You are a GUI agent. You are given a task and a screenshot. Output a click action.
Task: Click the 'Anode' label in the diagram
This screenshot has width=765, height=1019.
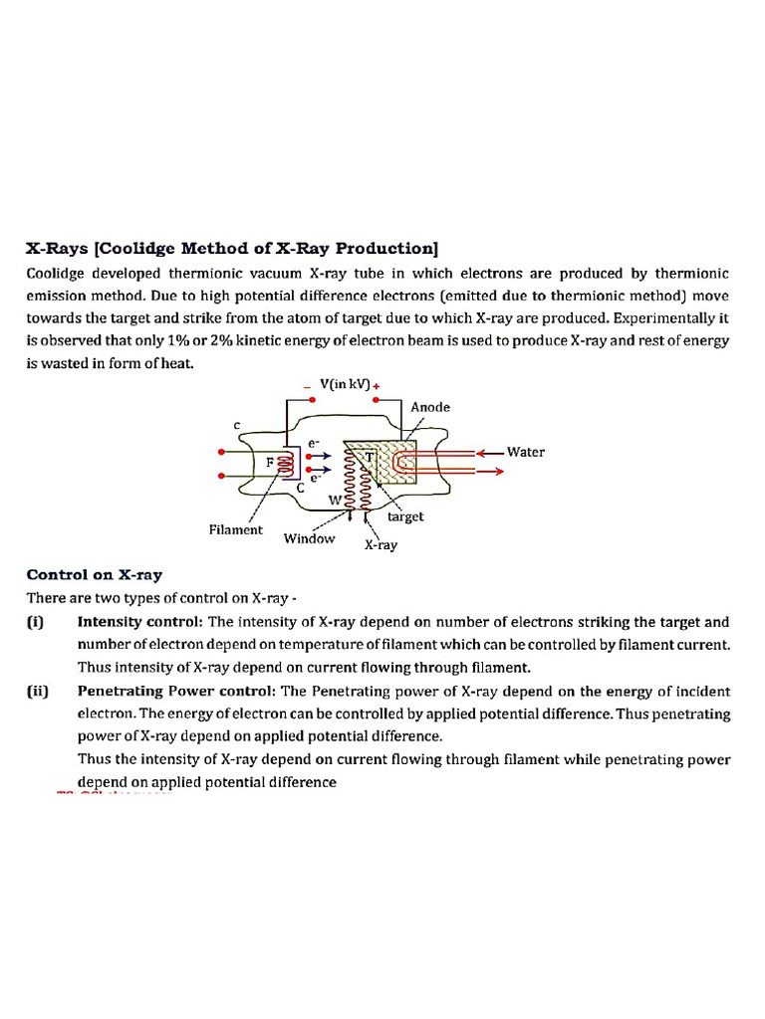pos(430,407)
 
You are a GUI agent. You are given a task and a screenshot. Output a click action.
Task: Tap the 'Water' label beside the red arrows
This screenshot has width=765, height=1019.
pos(526,452)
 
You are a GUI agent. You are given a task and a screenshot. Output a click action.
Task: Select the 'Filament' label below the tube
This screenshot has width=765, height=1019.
pos(236,529)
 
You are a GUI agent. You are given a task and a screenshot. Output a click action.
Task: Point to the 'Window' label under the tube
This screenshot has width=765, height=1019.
pos(310,538)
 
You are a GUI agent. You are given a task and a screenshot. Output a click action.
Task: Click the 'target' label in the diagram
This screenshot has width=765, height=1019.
pos(405,516)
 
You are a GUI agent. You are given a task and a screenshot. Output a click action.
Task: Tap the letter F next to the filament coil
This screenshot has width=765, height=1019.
pos(271,462)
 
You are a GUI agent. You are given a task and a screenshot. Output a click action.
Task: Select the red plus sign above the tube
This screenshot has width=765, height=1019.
pos(377,386)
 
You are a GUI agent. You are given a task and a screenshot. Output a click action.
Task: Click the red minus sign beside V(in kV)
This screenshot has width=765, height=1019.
pos(308,388)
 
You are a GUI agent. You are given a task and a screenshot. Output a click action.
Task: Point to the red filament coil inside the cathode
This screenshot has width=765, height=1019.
pos(286,463)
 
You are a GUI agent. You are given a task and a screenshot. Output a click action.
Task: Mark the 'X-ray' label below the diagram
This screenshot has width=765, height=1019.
pos(381,545)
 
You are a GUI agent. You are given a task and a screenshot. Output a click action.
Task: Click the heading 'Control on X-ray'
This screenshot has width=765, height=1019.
pos(95,574)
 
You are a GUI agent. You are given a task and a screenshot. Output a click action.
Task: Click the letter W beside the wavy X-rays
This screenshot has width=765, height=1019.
pos(349,498)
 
